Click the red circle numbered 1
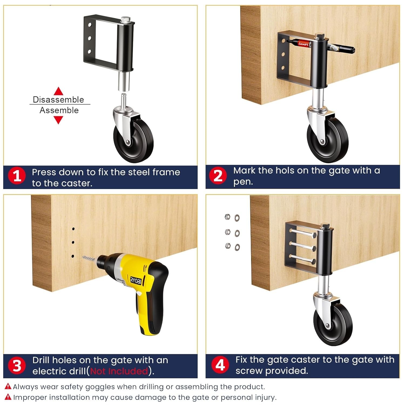pyautogui.click(x=17, y=176)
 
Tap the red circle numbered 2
pyautogui.click(x=218, y=176)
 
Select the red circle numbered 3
pyautogui.click(x=17, y=366)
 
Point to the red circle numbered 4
pyautogui.click(x=220, y=365)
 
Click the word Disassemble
pyautogui.click(x=58, y=100)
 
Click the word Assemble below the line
pyautogui.click(x=59, y=110)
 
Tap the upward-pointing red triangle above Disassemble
pyautogui.click(x=58, y=91)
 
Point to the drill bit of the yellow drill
pyautogui.click(x=89, y=259)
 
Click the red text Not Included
pyautogui.click(x=119, y=371)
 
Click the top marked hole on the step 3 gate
pyautogui.click(x=73, y=229)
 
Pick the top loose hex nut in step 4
pyautogui.click(x=227, y=217)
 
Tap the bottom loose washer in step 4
pyautogui.click(x=237, y=247)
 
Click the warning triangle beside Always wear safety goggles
pyautogui.click(x=8, y=386)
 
